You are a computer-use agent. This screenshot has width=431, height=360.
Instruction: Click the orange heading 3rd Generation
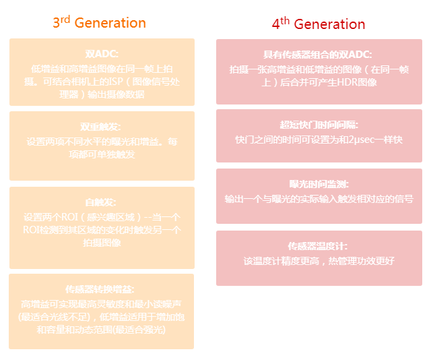pyautogui.click(x=100, y=22)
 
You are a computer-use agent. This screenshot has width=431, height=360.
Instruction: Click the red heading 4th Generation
pyautogui.click(x=319, y=24)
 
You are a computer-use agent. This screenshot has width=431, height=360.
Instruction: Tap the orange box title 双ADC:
pyautogui.click(x=102, y=54)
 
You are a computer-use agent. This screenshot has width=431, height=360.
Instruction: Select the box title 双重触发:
pyautogui.click(x=102, y=127)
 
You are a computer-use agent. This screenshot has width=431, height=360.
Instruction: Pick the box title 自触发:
pyautogui.click(x=102, y=202)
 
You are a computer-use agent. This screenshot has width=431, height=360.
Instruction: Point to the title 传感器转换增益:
pyautogui.click(x=102, y=289)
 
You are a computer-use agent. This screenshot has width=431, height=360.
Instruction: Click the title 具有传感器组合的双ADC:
pyautogui.click(x=318, y=55)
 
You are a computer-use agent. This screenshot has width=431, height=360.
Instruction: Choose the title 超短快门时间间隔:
pyautogui.click(x=319, y=125)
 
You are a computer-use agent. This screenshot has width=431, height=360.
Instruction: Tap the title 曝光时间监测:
pyautogui.click(x=319, y=184)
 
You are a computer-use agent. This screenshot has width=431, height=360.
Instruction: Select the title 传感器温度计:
pyautogui.click(x=319, y=246)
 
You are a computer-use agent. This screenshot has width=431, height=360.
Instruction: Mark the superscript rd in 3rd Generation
pyautogui.click(x=67, y=18)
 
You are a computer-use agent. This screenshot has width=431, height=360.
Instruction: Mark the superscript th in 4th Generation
pyautogui.click(x=286, y=20)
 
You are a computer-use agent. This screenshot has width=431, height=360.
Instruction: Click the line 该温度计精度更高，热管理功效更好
pyautogui.click(x=319, y=261)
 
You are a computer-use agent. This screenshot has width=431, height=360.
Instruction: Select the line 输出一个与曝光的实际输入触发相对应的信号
pyautogui.click(x=319, y=199)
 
